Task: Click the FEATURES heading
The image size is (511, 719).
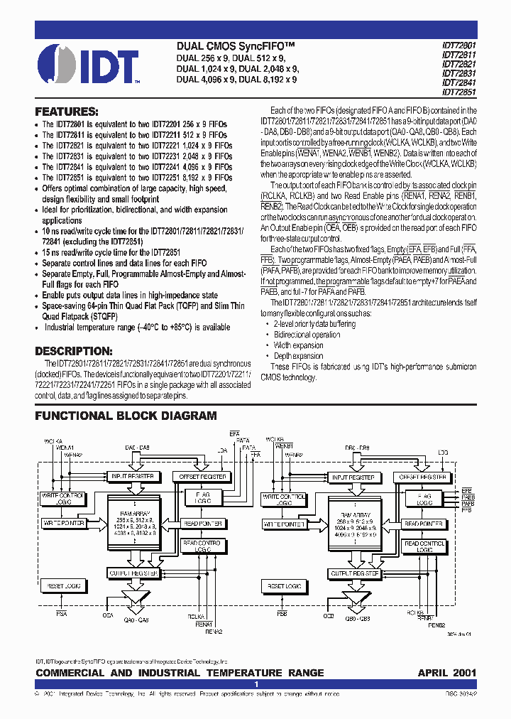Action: [x=66, y=112]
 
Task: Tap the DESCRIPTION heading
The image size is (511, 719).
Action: [x=74, y=351]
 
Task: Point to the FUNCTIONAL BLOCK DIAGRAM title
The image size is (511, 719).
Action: [x=126, y=416]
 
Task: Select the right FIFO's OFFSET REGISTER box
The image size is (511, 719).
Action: [x=423, y=477]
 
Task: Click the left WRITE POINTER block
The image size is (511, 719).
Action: [x=64, y=523]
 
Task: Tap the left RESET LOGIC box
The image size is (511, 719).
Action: [x=63, y=586]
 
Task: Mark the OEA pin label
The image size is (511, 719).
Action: [x=108, y=615]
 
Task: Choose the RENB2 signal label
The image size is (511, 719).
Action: [x=436, y=625]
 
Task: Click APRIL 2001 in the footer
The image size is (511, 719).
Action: [x=446, y=672]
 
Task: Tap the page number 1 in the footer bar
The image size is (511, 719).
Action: [x=255, y=683]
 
